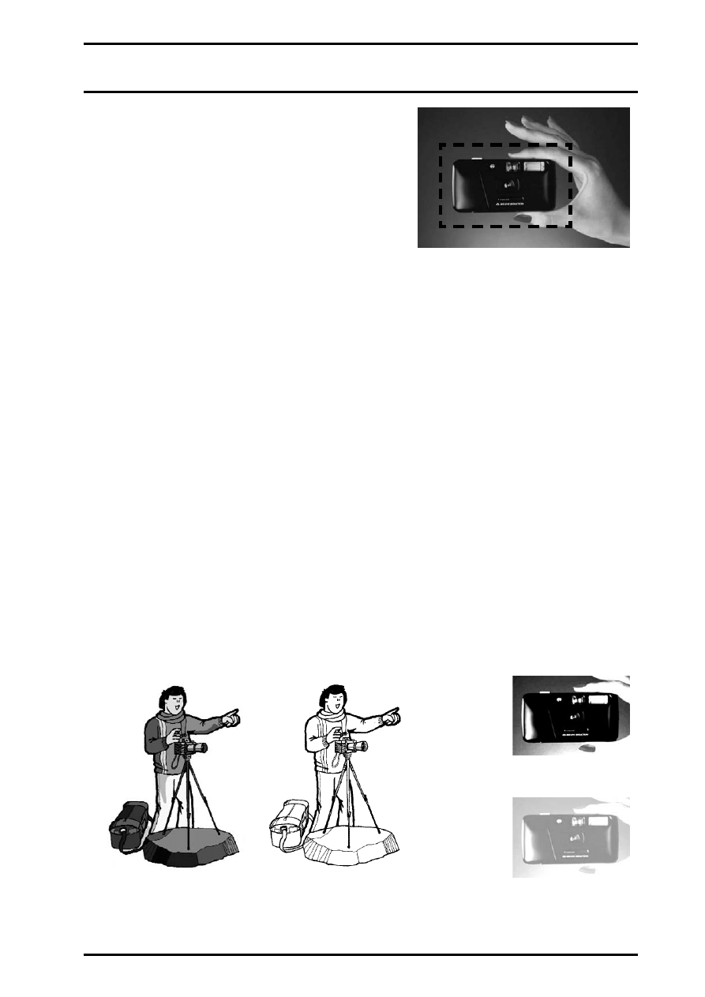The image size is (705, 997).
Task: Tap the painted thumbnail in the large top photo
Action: click(x=522, y=216)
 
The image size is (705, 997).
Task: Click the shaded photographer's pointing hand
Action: click(x=230, y=718)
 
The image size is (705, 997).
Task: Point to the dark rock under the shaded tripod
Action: click(x=189, y=852)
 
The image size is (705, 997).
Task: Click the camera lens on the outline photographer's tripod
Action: click(x=362, y=746)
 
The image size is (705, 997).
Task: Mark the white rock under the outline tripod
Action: click(x=351, y=852)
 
